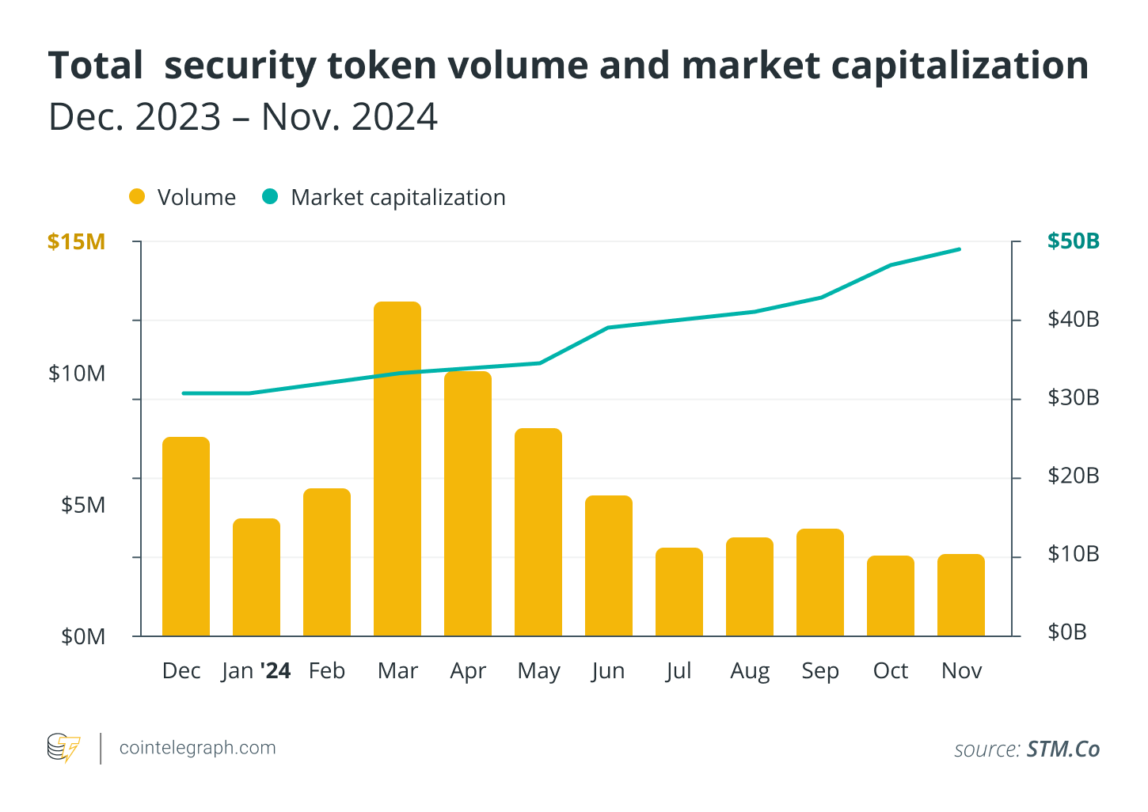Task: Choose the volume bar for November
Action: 961,595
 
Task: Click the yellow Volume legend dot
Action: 138,197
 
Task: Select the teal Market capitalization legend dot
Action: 271,197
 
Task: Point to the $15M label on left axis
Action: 76,242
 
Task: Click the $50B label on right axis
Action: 1073,241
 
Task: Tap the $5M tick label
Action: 83,505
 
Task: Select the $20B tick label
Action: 1073,476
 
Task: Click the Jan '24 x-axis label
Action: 256,671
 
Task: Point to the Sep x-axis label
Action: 820,671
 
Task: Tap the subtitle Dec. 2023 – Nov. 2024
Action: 243,117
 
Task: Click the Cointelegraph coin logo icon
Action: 63,748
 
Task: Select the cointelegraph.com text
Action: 197,748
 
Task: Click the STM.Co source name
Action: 1062,749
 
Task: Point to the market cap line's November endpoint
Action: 960,249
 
